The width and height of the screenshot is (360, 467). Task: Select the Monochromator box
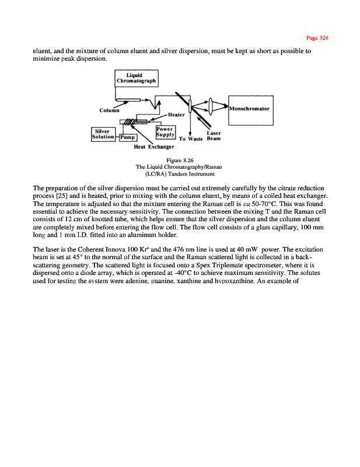(x=251, y=109)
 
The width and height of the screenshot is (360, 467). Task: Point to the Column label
(x=110, y=110)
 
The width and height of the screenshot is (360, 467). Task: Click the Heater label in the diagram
(x=177, y=114)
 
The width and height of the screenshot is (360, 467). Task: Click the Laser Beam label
(x=213, y=136)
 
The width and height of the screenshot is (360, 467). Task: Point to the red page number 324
(x=318, y=38)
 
